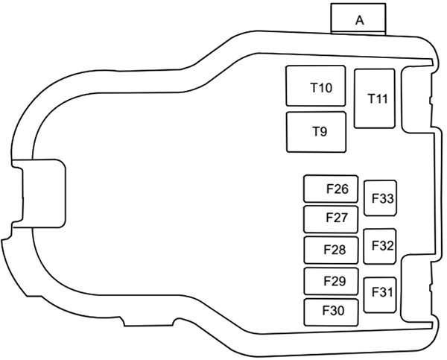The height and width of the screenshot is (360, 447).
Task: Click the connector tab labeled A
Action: pyautogui.click(x=359, y=19)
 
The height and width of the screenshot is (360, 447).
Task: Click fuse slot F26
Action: pyautogui.click(x=331, y=189)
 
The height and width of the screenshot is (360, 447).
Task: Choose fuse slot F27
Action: pyautogui.click(x=331, y=218)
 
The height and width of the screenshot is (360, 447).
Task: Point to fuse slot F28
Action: pyautogui.click(x=331, y=250)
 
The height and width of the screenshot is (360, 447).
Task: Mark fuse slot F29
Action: pyautogui.click(x=331, y=281)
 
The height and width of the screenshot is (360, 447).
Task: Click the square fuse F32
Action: pyautogui.click(x=381, y=246)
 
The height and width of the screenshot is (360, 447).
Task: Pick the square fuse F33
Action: pyautogui.click(x=381, y=198)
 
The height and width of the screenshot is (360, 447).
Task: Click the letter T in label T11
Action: pyautogui.click(x=372, y=99)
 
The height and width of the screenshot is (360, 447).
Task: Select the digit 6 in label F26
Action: pyautogui.click(x=344, y=189)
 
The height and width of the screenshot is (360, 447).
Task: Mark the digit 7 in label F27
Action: pyautogui.click(x=344, y=218)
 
